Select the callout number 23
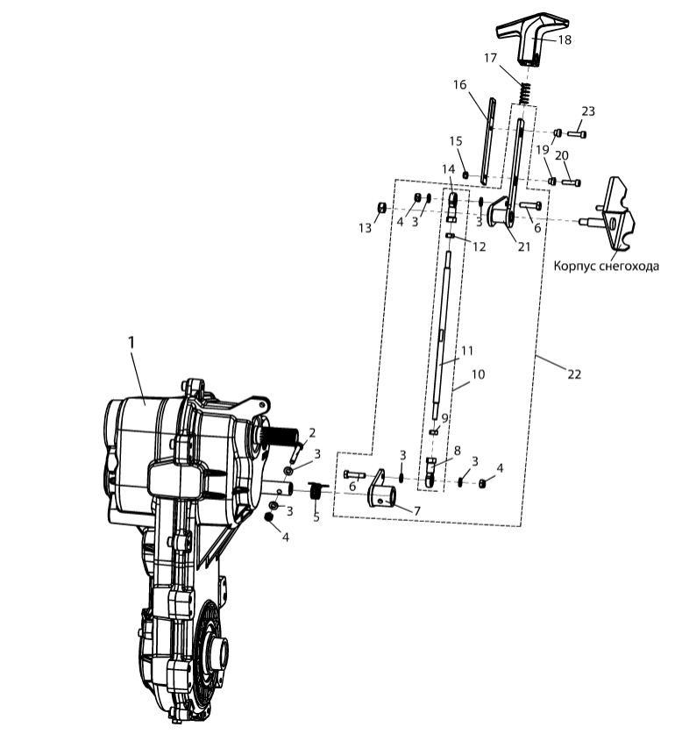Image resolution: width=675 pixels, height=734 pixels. (587, 111)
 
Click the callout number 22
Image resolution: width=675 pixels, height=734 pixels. (573, 374)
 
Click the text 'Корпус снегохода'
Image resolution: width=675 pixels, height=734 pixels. (606, 266)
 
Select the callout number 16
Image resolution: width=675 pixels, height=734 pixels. (459, 85)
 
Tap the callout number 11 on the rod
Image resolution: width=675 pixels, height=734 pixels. (467, 350)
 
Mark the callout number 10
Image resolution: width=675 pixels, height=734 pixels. (479, 374)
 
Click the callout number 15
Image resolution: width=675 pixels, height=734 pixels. (455, 141)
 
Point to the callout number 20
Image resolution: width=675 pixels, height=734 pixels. (562, 155)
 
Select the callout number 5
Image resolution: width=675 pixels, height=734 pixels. (316, 517)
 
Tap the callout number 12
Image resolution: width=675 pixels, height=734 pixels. (479, 248)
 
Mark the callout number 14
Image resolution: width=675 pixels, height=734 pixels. (448, 168)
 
